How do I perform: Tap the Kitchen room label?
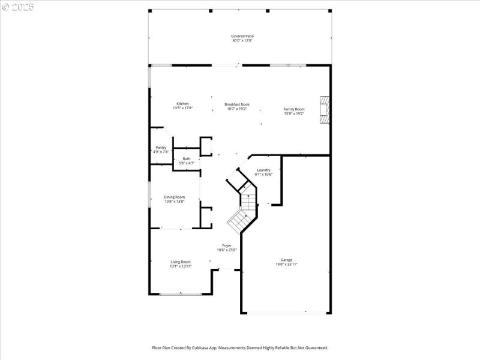[182, 104]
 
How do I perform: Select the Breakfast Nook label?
[237, 104]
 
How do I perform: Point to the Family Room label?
[294, 109]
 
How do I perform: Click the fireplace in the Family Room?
[325, 110]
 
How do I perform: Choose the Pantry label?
[161, 147]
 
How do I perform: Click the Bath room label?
[187, 158]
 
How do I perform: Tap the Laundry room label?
[263, 170]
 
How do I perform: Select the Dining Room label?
[175, 197]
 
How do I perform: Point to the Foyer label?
[227, 245]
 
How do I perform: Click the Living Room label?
[181, 262]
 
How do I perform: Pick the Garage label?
[286, 260]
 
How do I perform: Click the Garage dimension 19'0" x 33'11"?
[286, 264]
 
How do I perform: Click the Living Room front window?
[181, 294]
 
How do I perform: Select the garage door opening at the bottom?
[286, 313]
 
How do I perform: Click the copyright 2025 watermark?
[18, 7]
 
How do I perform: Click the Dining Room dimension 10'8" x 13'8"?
[175, 202]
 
